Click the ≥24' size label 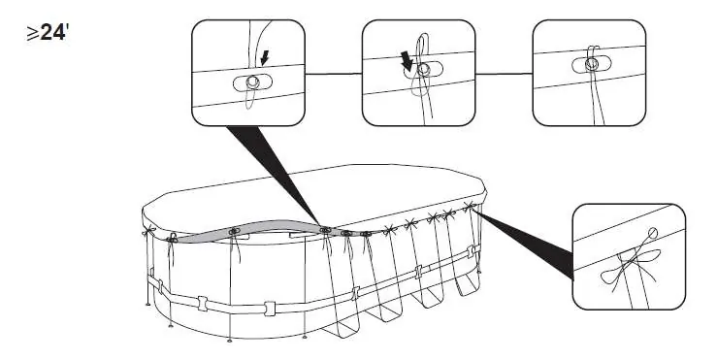pos(48,33)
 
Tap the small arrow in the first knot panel pos(264,58)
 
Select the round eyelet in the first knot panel pos(252,82)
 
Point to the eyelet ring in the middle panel pos(424,69)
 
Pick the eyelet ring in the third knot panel pos(591,64)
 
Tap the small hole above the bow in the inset pos(653,233)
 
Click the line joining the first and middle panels pos(334,73)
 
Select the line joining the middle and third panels pos(504,73)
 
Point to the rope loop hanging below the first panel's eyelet pos(249,98)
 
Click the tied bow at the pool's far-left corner pos(148,231)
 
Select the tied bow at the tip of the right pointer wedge pos(470,206)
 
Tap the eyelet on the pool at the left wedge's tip pos(325,230)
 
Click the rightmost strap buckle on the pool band pos(471,251)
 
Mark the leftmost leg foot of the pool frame pos(147,304)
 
